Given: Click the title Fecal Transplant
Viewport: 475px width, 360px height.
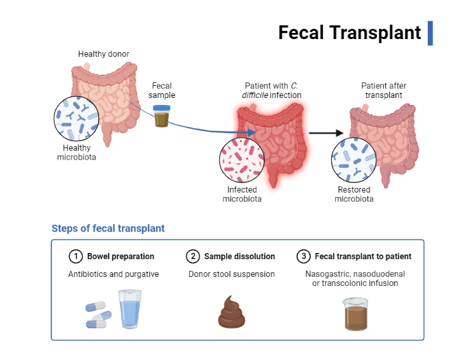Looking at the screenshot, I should [349, 32].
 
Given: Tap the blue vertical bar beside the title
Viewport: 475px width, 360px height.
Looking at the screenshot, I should [430, 33].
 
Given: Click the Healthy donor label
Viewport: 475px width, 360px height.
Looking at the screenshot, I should [103, 54].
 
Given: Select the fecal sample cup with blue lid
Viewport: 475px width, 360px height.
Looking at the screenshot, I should [162, 117].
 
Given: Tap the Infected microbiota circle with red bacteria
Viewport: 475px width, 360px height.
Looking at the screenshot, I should [242, 160].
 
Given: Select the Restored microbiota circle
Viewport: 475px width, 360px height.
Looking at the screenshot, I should [354, 160].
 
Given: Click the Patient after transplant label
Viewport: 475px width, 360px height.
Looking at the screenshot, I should [383, 91].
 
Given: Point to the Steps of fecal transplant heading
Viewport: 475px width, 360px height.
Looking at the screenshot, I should [108, 228].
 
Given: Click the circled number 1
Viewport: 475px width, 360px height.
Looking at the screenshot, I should [75, 256].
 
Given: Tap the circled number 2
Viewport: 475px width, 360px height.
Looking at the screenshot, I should [193, 256].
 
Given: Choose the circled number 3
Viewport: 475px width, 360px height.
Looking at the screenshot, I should [304, 256].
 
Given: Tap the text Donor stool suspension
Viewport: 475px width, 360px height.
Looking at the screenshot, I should [232, 274].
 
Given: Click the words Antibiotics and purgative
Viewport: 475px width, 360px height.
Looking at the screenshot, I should [113, 274].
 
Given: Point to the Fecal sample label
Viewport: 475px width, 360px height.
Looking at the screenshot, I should [162, 91].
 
